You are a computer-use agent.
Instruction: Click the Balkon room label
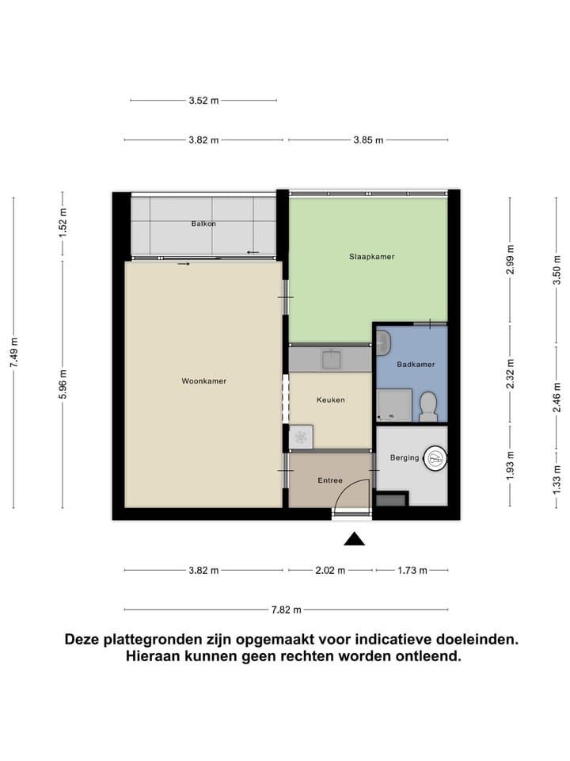click(203, 224)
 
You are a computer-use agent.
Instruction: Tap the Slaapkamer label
click(371, 257)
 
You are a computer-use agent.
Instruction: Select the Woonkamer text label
click(203, 381)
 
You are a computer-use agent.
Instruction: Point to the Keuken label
click(330, 400)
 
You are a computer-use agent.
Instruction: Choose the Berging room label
click(404, 457)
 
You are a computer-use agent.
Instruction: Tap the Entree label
click(330, 480)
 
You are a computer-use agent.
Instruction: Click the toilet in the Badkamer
click(428, 407)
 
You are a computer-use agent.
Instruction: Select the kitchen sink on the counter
click(330, 359)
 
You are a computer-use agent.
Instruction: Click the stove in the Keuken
click(302, 436)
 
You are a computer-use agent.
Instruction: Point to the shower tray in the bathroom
click(393, 405)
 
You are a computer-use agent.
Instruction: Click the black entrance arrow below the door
click(354, 540)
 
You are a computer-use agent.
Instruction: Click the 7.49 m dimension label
click(13, 353)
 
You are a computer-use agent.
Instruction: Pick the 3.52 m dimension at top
click(203, 101)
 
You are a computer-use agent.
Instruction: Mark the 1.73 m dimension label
click(412, 571)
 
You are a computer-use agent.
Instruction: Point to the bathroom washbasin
click(384, 343)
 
